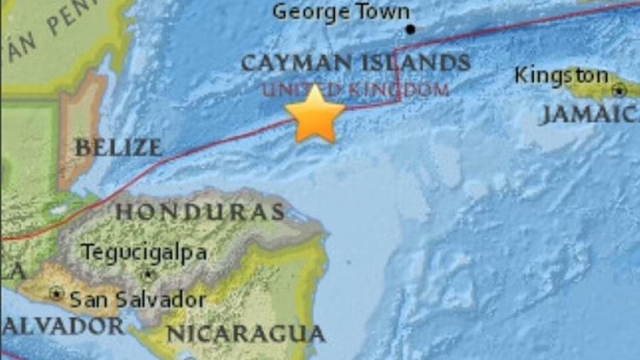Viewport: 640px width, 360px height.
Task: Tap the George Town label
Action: (x=341, y=12)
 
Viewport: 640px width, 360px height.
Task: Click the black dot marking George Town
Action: (x=410, y=29)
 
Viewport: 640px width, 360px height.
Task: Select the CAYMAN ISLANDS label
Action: (x=356, y=63)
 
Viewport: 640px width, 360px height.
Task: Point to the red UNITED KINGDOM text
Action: (x=356, y=90)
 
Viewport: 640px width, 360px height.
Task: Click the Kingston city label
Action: (x=561, y=75)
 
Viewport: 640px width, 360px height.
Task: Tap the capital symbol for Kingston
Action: (x=619, y=90)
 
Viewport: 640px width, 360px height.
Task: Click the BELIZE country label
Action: (x=118, y=148)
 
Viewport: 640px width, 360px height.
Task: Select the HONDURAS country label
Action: (x=200, y=211)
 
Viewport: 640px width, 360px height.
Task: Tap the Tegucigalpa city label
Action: (x=144, y=252)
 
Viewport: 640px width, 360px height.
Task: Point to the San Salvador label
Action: (x=135, y=299)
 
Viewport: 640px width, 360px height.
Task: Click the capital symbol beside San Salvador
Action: (x=57, y=293)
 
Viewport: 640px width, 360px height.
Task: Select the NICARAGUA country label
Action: (x=245, y=333)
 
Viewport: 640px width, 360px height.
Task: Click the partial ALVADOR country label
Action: (x=60, y=326)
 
